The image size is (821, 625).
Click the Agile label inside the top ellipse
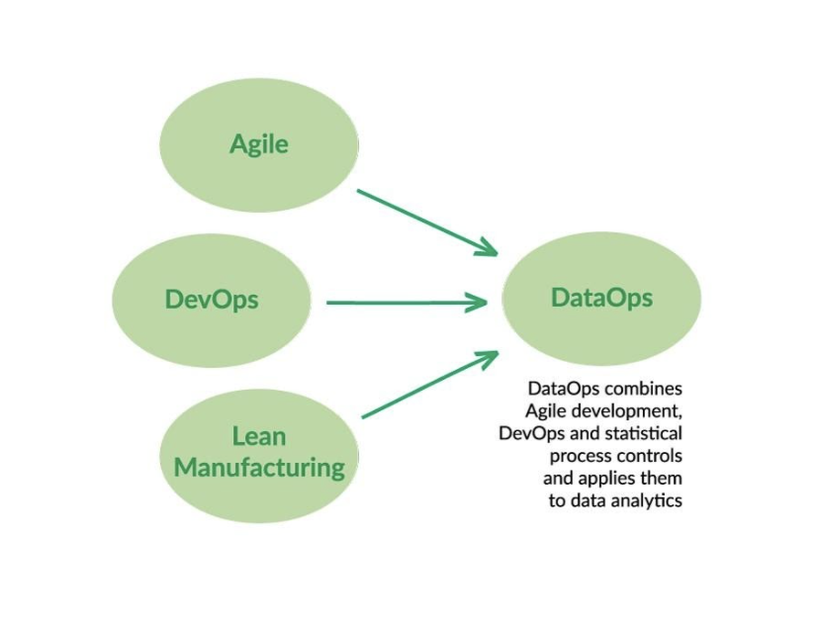coord(259,144)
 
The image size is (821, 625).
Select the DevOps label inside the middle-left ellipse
coord(212,298)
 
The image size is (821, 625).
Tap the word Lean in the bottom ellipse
coord(259,436)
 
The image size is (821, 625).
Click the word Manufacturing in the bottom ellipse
coord(259,467)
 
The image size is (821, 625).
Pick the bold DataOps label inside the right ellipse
coord(601,297)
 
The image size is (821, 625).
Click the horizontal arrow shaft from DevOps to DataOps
coord(396,303)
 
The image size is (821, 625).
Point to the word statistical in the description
coord(643,432)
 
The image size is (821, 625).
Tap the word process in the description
coord(579,455)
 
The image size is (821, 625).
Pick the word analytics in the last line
coord(646,500)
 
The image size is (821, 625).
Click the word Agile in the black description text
coord(547,409)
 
